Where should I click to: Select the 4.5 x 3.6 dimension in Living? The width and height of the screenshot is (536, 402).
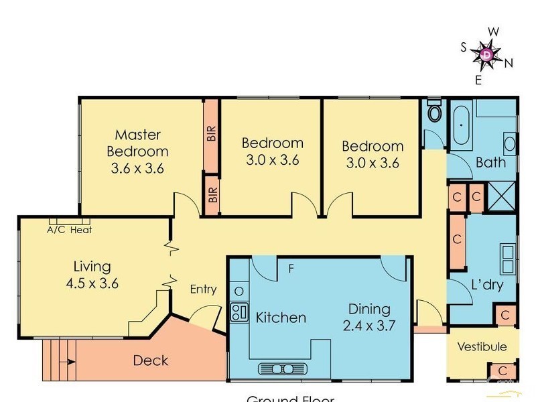[92, 283]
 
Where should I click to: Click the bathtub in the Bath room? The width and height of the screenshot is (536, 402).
[461, 127]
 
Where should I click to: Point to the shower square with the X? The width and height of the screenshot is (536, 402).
[503, 197]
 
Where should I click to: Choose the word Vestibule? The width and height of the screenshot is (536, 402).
[482, 346]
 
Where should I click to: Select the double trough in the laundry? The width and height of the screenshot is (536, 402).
[507, 259]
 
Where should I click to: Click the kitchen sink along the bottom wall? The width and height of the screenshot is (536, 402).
[282, 368]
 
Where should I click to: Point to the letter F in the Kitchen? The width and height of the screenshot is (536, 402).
[291, 269]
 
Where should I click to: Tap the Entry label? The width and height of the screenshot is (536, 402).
[203, 289]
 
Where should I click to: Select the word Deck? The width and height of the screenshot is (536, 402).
[150, 360]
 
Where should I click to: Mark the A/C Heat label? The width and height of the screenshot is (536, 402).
[69, 230]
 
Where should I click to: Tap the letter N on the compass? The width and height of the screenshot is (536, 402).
[509, 64]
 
